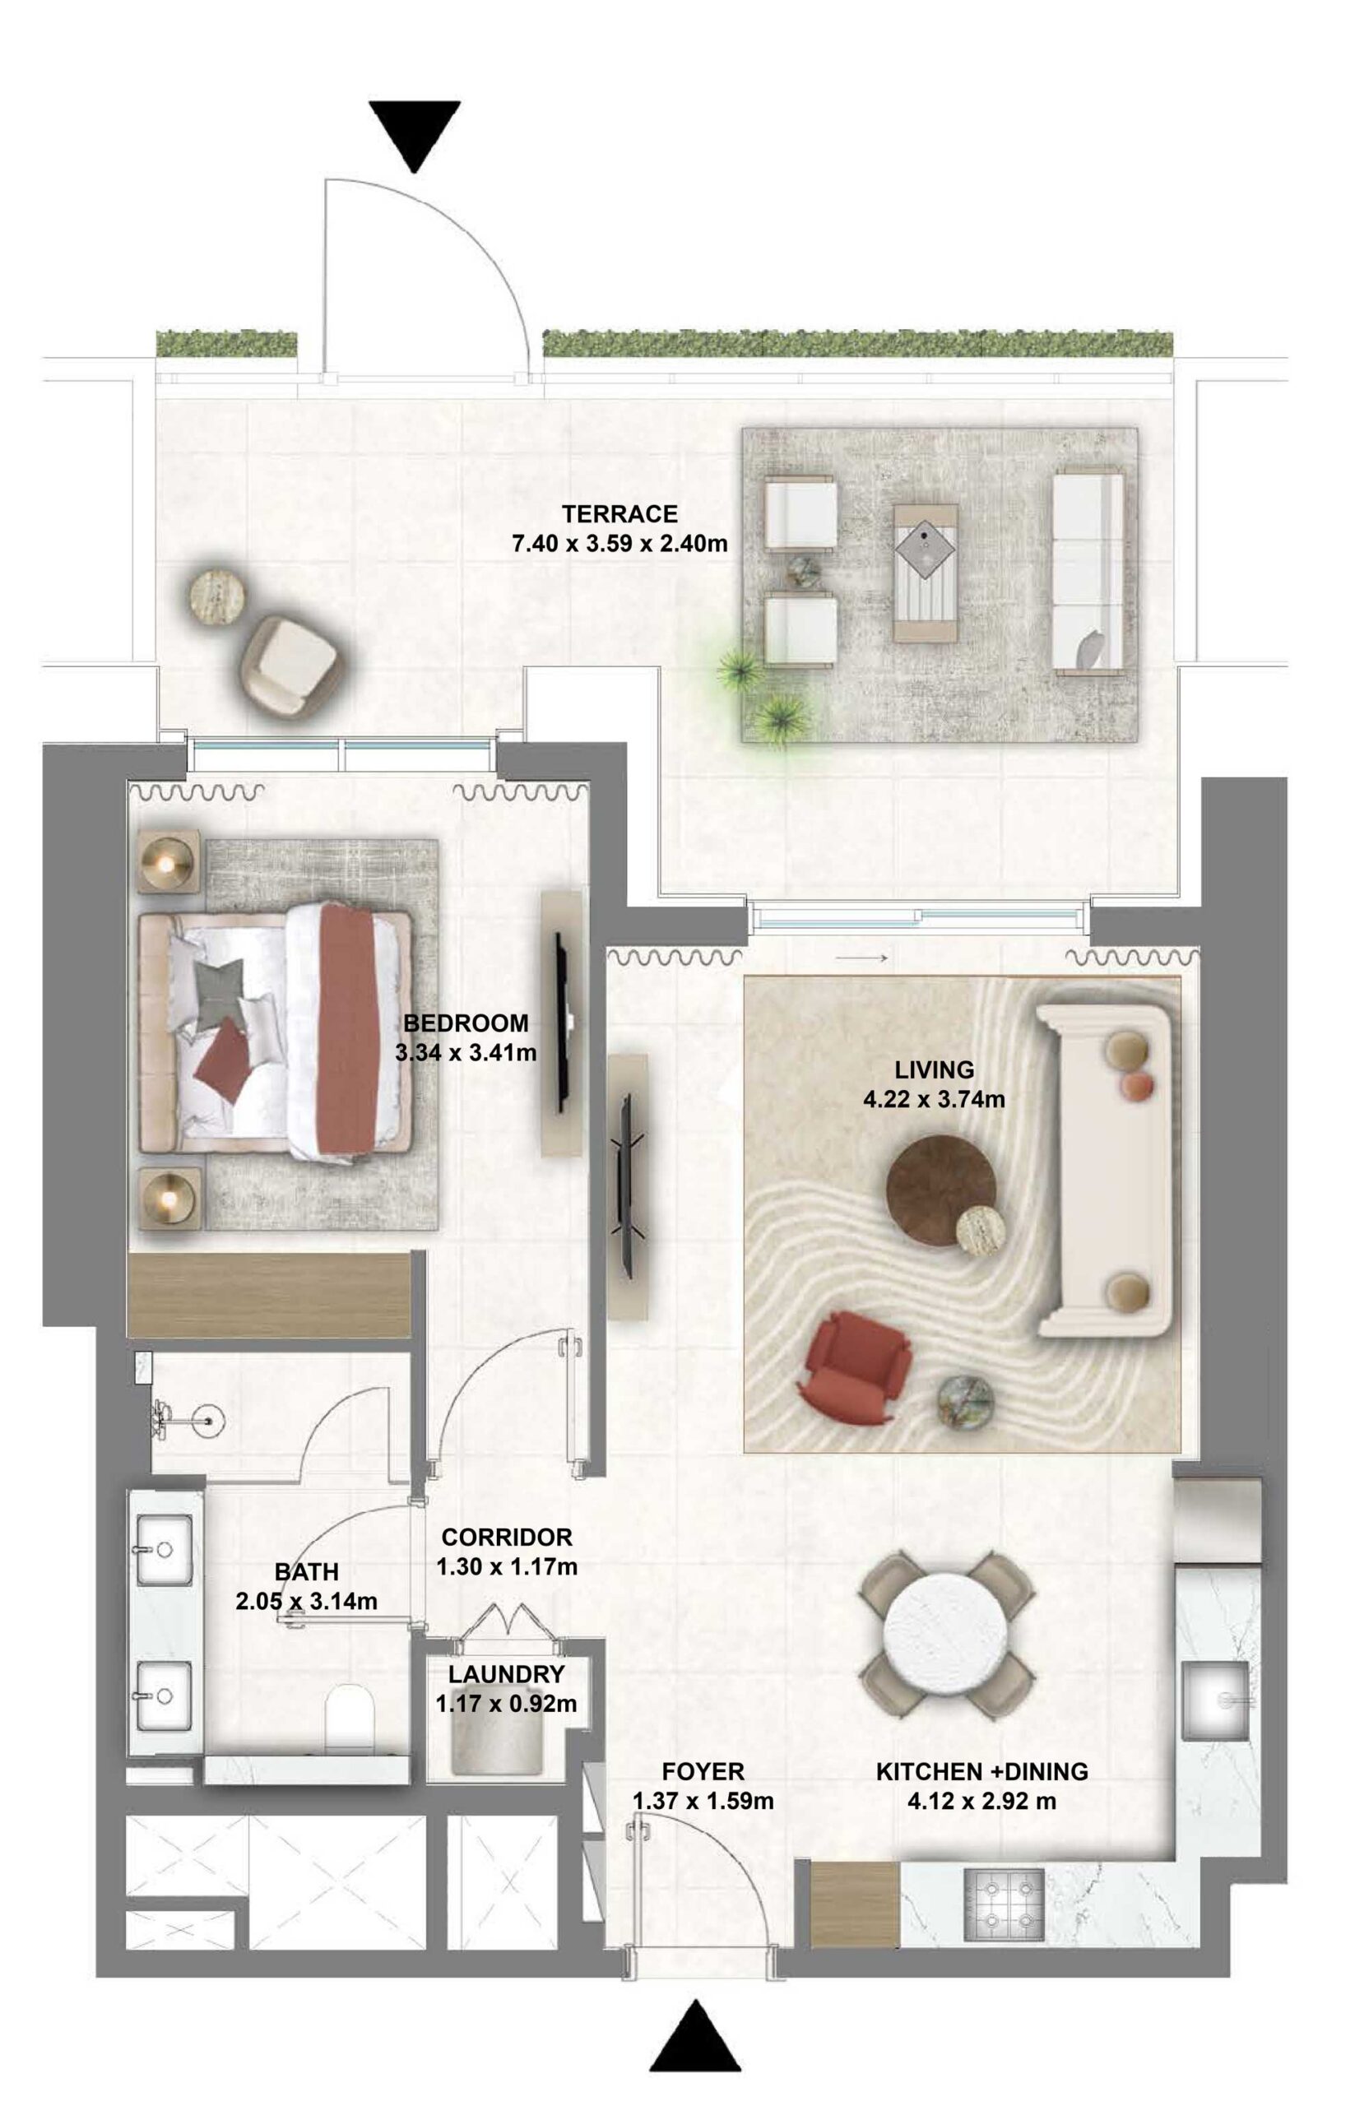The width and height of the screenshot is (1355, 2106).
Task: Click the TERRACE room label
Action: point(619,513)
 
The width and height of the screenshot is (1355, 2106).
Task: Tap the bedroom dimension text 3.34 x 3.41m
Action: point(466,1052)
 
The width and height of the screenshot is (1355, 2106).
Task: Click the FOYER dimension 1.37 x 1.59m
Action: point(703,1801)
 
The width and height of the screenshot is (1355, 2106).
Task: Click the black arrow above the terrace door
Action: point(415,135)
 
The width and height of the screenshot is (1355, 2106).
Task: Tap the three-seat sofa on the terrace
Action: point(1088,573)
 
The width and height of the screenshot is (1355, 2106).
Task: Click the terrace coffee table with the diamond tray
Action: point(926,572)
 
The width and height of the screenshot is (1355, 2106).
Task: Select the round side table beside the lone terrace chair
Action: point(214,597)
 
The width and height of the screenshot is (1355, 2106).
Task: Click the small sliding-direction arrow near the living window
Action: point(861,959)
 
